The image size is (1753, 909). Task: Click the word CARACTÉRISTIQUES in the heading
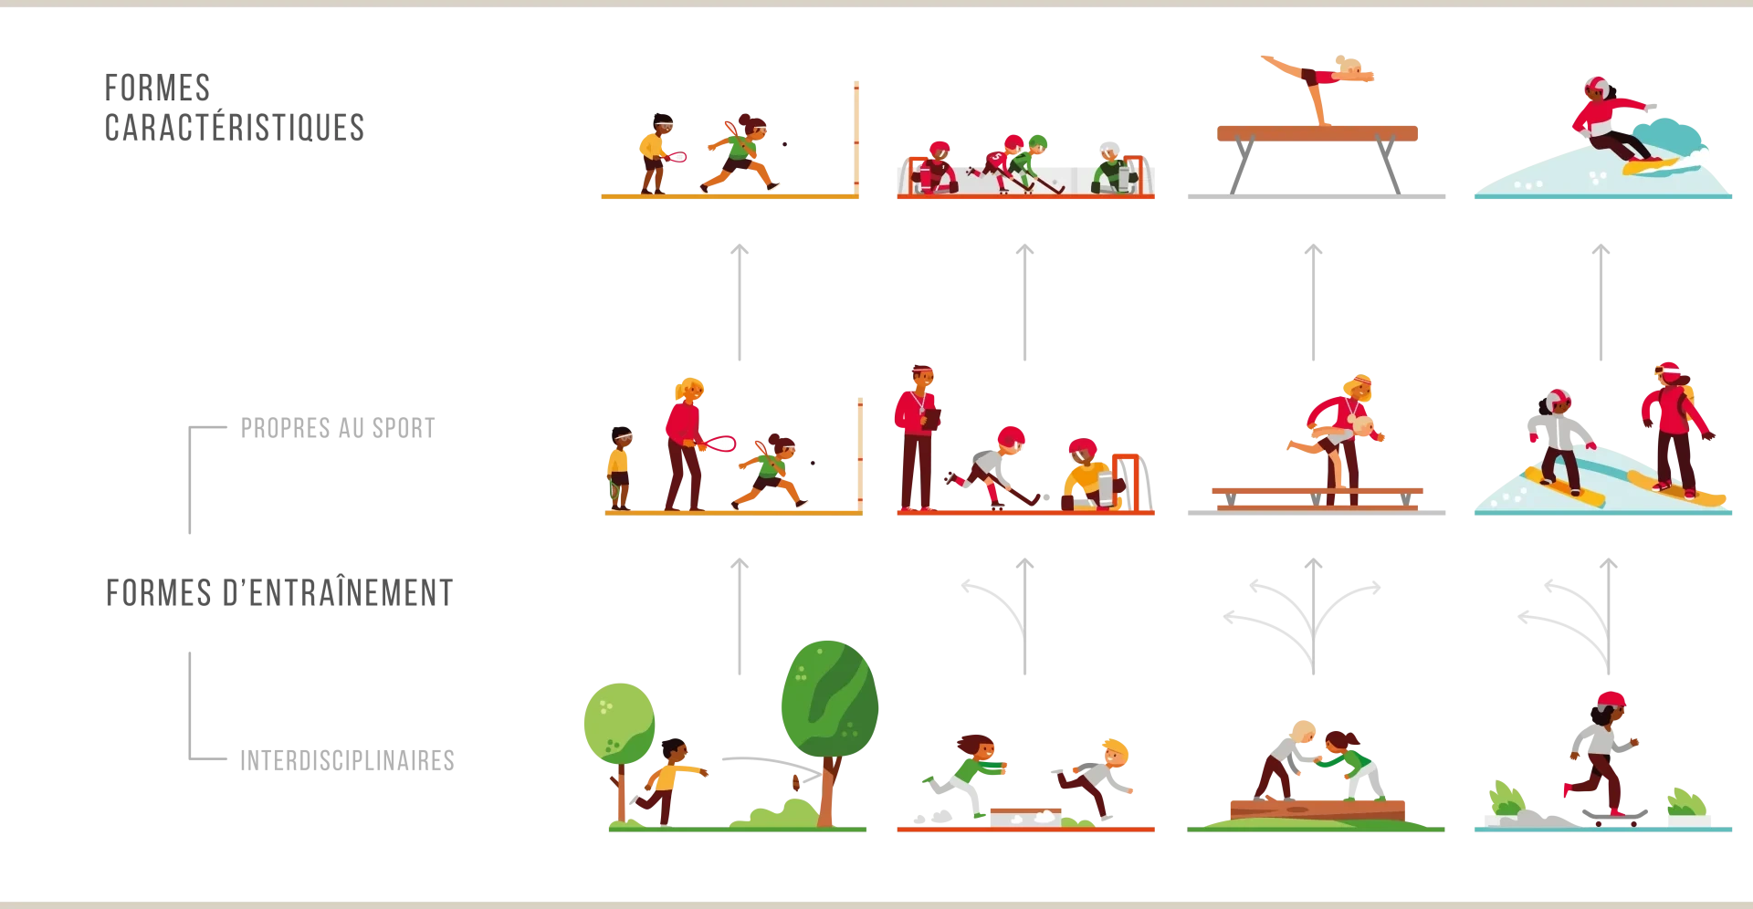tap(235, 128)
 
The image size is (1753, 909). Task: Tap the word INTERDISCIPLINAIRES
tap(347, 760)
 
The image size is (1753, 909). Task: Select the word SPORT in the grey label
tap(404, 428)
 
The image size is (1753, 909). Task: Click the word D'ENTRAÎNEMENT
tap(338, 593)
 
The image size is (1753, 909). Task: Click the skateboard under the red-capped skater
tap(1614, 816)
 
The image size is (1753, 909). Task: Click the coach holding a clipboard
tap(918, 438)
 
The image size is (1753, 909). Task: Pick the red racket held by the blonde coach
tap(719, 444)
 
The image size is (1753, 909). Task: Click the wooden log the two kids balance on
tap(1317, 810)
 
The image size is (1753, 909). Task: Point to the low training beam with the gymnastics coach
tap(1317, 496)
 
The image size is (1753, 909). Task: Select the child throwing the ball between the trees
tap(670, 781)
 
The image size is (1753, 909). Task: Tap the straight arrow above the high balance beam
tap(1313, 302)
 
